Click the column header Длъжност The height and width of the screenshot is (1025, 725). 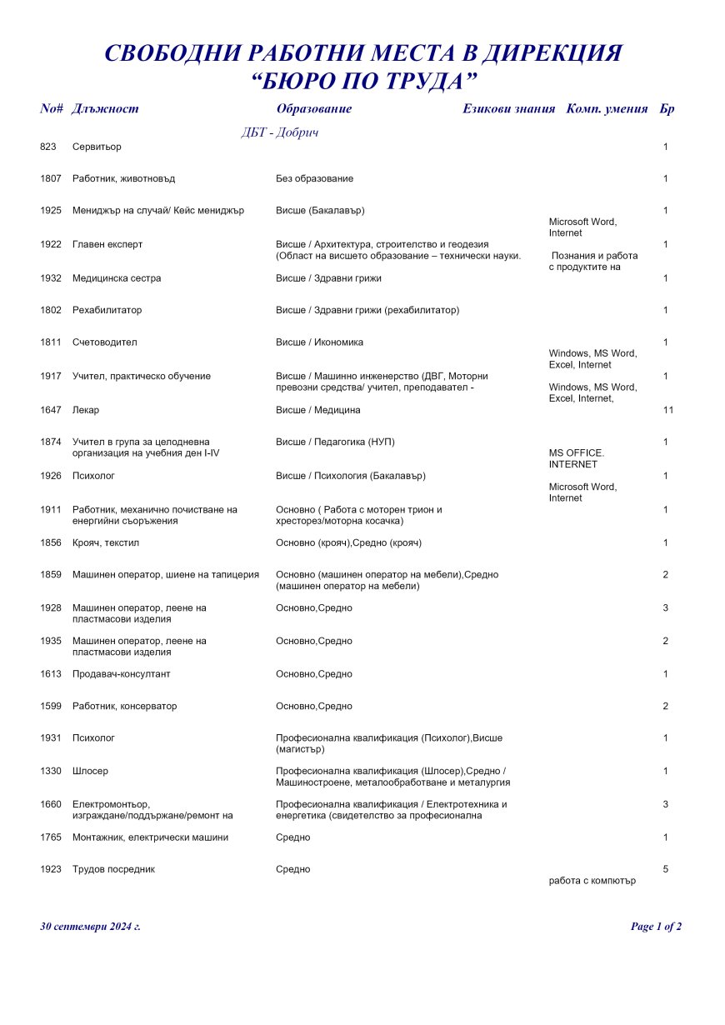coord(105,109)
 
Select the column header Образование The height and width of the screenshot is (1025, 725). coord(313,109)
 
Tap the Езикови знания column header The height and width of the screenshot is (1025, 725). coord(508,109)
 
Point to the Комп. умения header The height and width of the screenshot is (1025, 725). coord(607,109)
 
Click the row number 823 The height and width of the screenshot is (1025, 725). coord(48,147)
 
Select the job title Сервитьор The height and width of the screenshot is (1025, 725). coord(97,147)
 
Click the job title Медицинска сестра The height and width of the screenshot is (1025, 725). coord(117,278)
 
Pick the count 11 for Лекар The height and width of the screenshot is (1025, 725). coord(667,410)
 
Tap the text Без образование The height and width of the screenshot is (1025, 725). coord(314,179)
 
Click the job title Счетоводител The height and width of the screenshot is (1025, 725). coord(104,342)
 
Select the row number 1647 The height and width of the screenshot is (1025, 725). coord(51,410)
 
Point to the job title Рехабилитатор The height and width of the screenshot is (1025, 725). coord(107,311)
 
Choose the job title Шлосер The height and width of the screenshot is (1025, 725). coord(90,772)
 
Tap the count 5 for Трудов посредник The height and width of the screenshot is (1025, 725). coord(666,869)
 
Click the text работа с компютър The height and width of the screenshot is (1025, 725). coord(592,881)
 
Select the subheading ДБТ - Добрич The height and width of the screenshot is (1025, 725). coord(280,132)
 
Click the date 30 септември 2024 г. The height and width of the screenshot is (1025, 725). coord(90,927)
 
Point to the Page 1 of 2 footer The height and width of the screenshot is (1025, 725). coord(656,927)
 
